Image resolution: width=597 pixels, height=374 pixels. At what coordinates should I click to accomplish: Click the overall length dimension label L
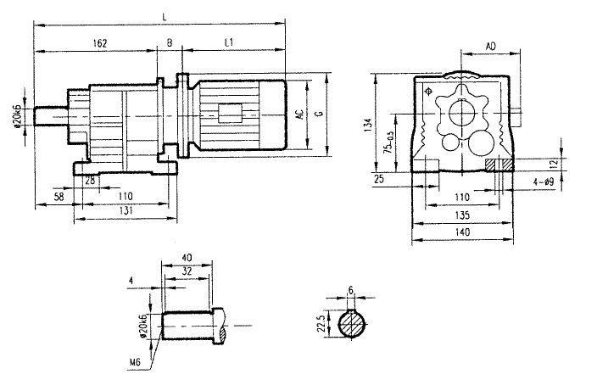[163, 16]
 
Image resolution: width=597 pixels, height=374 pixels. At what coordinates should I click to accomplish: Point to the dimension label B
[170, 42]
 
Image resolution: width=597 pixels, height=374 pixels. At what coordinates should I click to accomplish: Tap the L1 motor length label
[230, 42]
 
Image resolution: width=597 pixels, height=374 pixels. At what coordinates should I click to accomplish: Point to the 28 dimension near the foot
[89, 181]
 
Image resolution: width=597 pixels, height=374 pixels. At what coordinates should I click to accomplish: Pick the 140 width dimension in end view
[462, 231]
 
